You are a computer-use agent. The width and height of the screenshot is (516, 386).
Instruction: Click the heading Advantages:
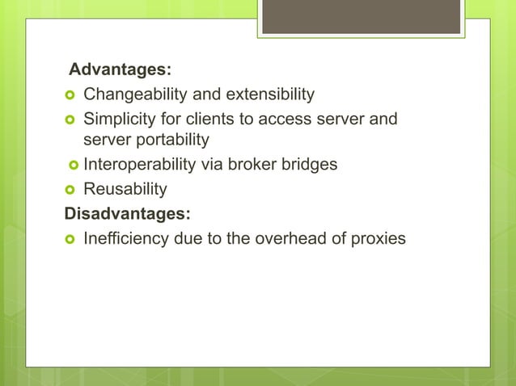[120, 71]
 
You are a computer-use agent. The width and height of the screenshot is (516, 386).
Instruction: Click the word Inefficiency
[126, 238]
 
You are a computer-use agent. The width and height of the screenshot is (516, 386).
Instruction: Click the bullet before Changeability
[70, 96]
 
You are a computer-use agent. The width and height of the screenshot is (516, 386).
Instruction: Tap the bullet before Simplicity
[70, 120]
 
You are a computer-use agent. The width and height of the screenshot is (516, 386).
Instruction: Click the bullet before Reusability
[70, 190]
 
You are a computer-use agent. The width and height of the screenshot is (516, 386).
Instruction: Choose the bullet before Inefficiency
[70, 239]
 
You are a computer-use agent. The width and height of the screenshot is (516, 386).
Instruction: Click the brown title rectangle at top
[361, 16]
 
